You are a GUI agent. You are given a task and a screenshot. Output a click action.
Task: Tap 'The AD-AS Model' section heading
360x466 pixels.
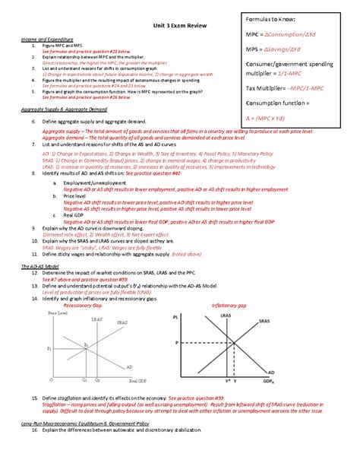[x=39, y=245]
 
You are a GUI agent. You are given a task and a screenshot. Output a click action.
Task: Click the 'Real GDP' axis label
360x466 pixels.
[x=137, y=380]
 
